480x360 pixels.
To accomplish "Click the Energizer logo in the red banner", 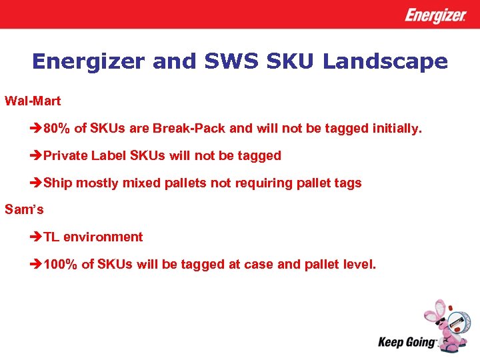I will tap(435, 15).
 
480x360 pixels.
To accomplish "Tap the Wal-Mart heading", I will tap(33, 101).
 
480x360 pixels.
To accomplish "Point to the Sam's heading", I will tap(24, 209).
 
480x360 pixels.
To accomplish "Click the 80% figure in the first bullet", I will tap(58, 129).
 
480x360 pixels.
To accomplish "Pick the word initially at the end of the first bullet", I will tap(397, 129).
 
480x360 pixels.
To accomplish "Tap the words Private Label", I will tap(84, 156).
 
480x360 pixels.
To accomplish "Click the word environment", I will tap(103, 237).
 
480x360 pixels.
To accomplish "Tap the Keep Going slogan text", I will tap(406, 343).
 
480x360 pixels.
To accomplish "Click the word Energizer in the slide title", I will tap(89, 62).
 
